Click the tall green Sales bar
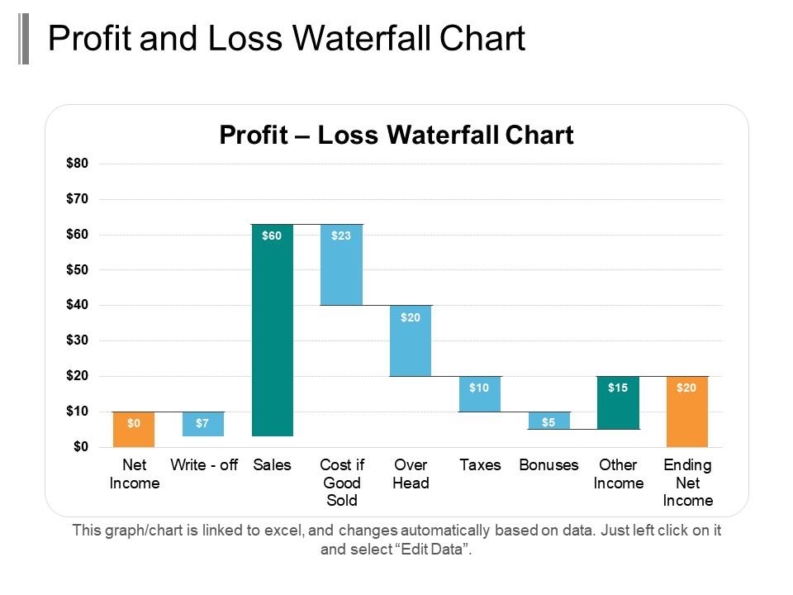coord(272,331)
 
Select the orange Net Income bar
coord(134,429)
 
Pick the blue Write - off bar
coord(202,423)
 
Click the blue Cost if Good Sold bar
coord(341,264)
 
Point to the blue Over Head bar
coord(411,340)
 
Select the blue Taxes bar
coord(480,394)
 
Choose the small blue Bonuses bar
coord(548,421)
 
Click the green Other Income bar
coord(618,402)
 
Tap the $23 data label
coord(341,236)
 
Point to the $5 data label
coord(548,423)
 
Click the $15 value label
coord(618,388)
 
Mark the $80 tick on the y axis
coord(77,164)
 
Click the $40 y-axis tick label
coord(77,305)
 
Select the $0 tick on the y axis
coord(79,447)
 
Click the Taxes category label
coord(480,465)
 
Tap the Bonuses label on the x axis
coord(548,465)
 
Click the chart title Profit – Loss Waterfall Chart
coord(396,135)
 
